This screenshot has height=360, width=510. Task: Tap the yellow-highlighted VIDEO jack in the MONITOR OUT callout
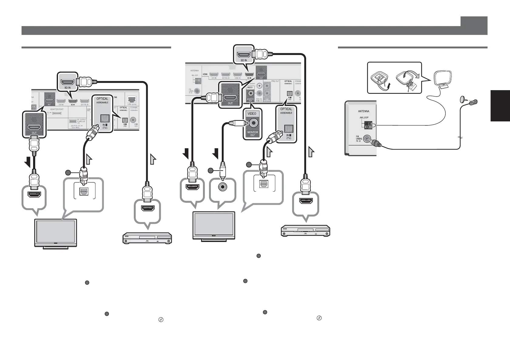tap(253, 123)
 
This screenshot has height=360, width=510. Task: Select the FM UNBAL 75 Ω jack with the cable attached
tap(368, 140)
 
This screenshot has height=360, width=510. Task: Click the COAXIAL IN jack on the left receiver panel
tap(133, 120)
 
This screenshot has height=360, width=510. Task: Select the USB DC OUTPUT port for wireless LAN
tap(73, 121)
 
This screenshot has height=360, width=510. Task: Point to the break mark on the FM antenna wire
tap(461, 137)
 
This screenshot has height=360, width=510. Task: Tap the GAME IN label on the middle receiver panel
tap(237, 78)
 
